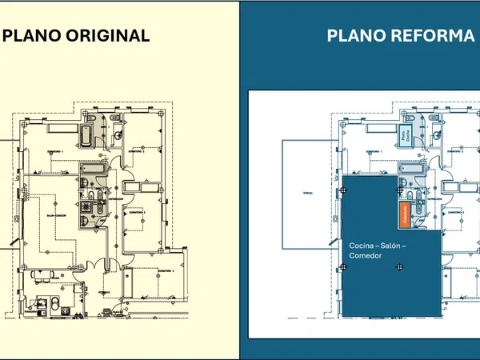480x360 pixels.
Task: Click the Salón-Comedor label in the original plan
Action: (55, 215)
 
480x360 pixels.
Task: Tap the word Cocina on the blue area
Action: (362, 245)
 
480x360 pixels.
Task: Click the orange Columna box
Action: (405, 214)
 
